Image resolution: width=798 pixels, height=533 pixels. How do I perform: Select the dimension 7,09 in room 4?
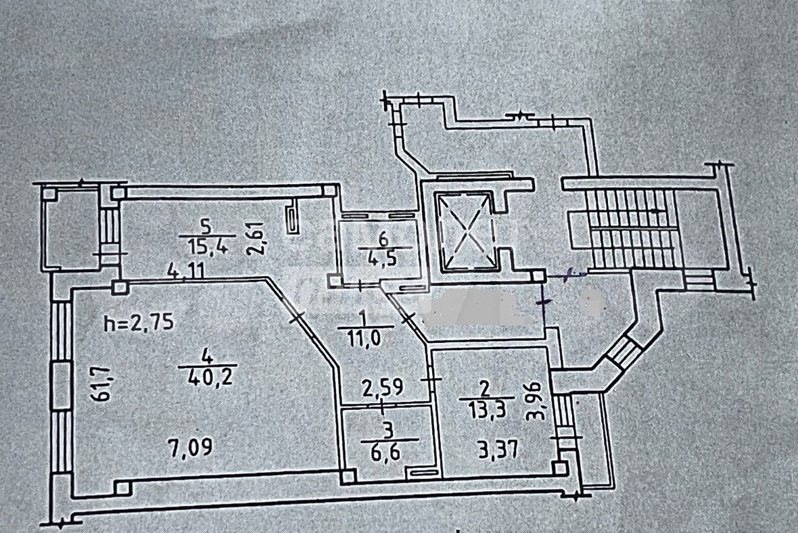pos(189,448)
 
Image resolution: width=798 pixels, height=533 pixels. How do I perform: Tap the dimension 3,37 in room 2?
pos(498,450)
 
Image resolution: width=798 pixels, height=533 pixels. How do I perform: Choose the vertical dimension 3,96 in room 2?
pos(539,401)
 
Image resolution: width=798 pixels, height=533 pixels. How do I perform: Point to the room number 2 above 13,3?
pos(484,390)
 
